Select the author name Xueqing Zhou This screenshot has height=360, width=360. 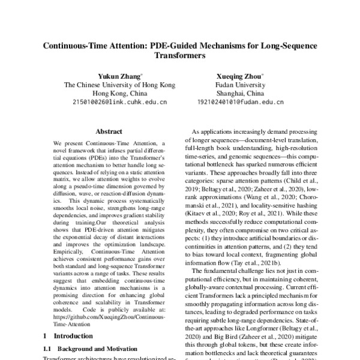tap(239, 76)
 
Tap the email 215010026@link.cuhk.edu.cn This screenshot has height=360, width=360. tap(120, 103)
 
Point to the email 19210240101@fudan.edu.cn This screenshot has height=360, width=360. tap(240, 103)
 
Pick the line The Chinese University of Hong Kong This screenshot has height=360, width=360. tap(120, 85)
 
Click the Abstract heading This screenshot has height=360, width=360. tap(109, 131)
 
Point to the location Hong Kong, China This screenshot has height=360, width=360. tap(120, 94)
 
